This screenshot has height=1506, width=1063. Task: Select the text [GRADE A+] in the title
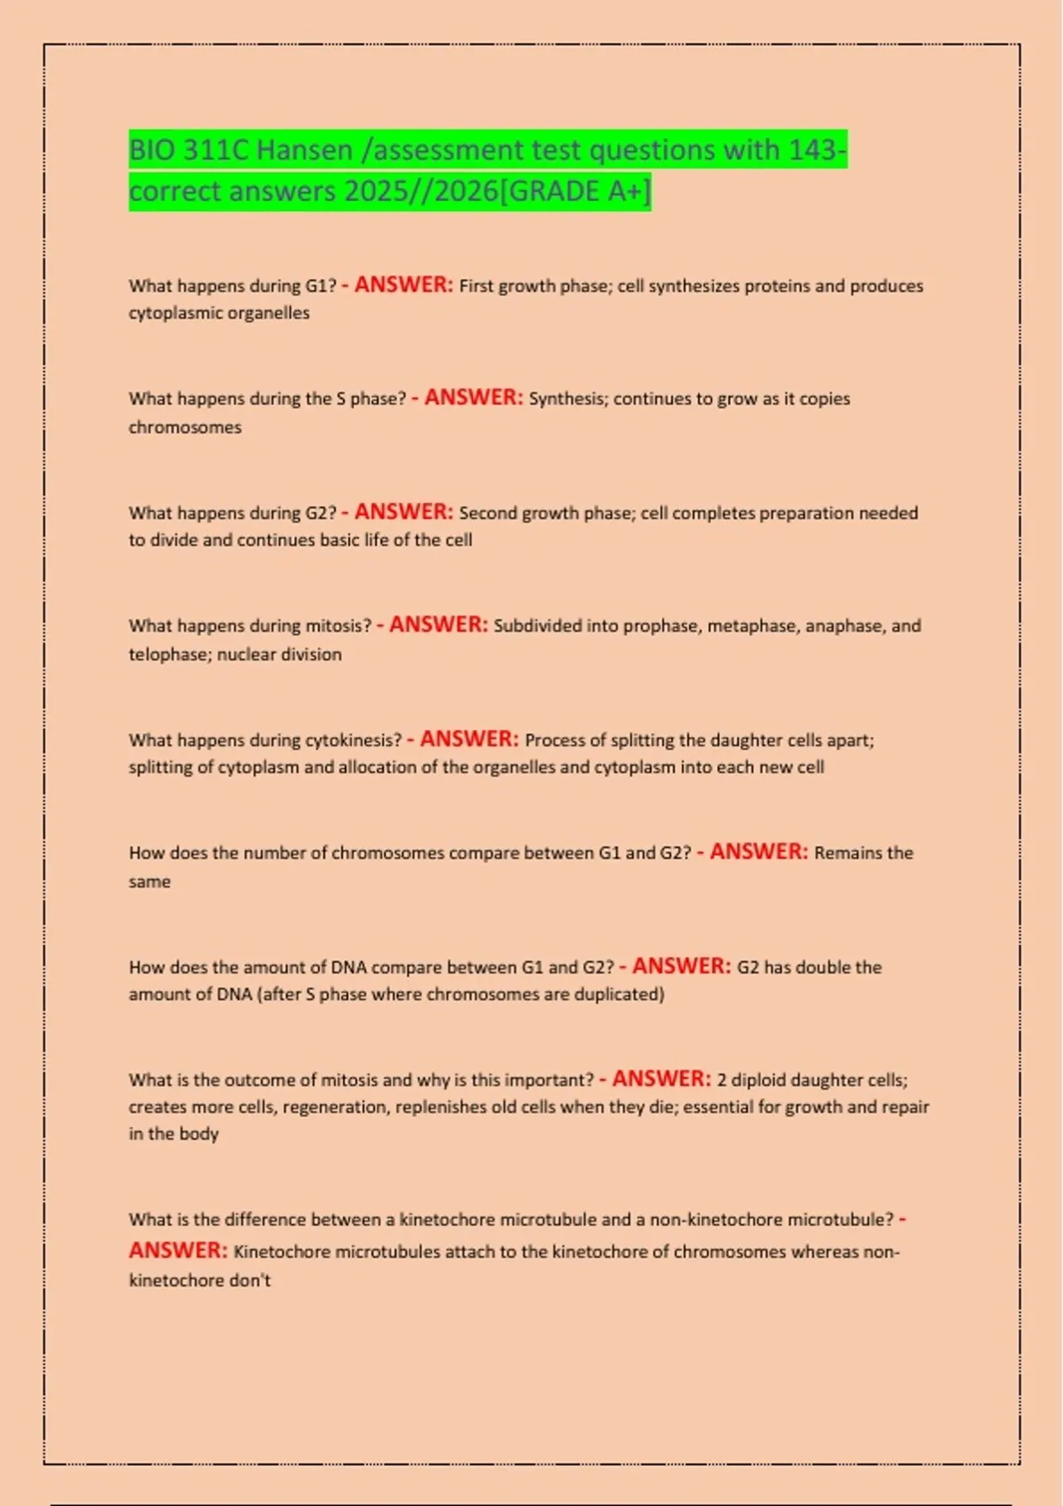575,191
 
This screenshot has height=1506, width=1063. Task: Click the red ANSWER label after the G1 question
403,285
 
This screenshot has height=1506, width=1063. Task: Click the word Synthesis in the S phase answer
568,399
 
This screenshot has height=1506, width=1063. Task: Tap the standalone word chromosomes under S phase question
184,427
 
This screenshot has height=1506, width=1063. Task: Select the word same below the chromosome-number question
150,882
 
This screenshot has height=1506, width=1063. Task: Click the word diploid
758,1080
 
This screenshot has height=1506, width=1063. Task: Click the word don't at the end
250,1280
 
